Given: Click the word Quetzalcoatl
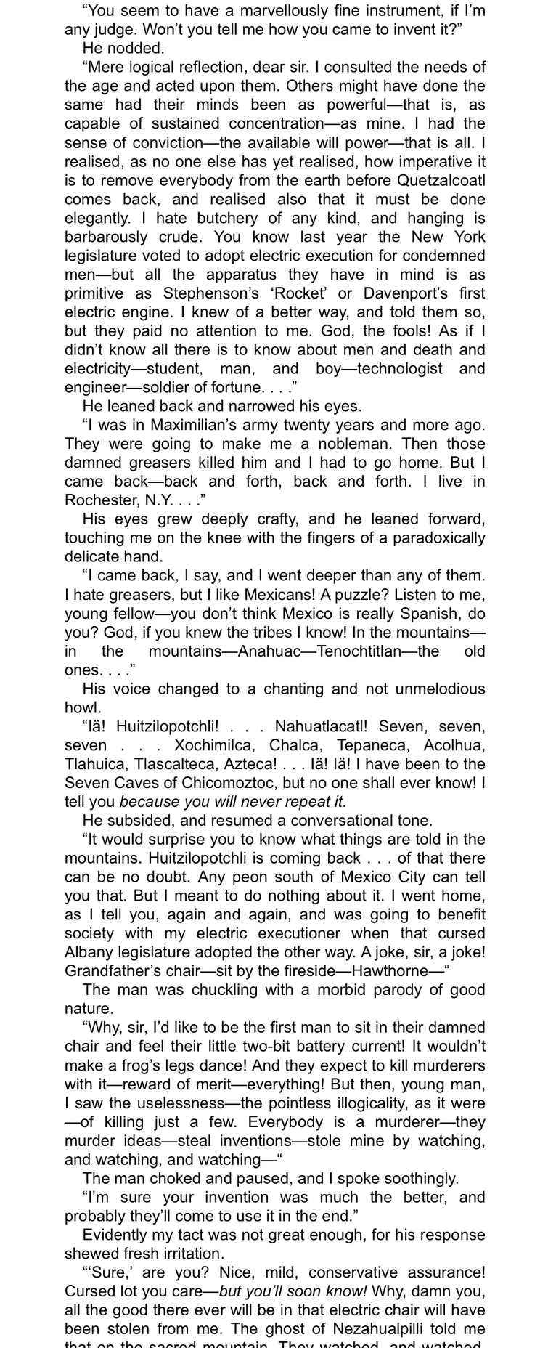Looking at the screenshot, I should tap(441, 180).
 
